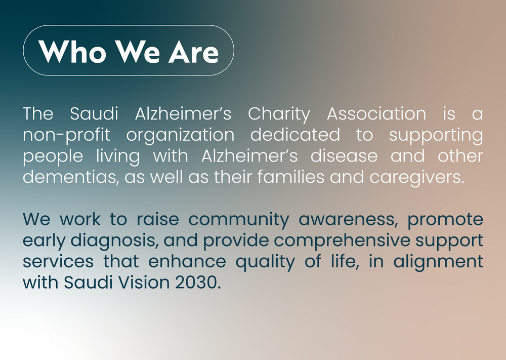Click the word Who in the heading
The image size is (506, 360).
[72, 51]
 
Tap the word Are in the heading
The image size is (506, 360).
[194, 51]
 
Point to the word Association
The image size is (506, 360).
[376, 113]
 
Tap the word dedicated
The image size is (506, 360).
[296, 135]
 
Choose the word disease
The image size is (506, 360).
[344, 155]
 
